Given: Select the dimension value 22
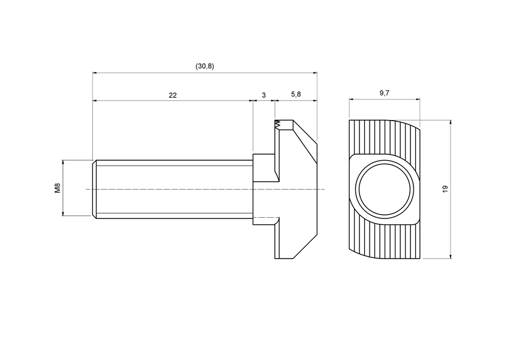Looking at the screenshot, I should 173,95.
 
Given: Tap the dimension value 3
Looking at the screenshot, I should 263,95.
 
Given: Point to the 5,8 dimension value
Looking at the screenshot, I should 296,95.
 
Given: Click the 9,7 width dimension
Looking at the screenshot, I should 385,92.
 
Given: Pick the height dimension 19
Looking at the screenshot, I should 445,189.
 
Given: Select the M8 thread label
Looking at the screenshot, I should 58,188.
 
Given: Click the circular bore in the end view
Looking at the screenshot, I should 384,189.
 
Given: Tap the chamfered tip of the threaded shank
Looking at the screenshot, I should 94,188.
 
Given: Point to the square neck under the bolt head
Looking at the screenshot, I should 263,188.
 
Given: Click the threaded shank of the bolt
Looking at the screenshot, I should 174,188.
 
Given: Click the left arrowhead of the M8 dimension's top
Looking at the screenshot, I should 63,163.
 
